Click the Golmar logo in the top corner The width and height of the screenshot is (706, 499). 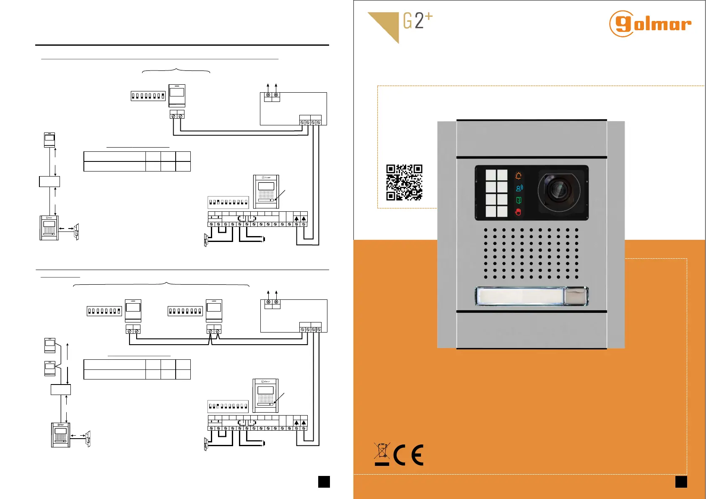650,24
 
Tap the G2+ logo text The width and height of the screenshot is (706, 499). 417,21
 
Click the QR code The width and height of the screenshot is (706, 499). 404,182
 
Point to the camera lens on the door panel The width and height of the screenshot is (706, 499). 558,191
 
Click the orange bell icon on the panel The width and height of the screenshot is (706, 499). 519,176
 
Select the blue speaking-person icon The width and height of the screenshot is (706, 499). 519,188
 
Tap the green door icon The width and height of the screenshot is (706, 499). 519,200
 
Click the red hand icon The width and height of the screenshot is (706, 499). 519,212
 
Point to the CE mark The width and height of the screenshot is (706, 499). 408,455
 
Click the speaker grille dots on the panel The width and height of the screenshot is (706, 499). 531,253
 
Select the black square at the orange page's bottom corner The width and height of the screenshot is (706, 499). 681,481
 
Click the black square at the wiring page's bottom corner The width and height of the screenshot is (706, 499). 324,481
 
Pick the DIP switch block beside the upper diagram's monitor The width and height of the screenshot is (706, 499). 148,96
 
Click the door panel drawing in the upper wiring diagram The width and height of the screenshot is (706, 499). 266,191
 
